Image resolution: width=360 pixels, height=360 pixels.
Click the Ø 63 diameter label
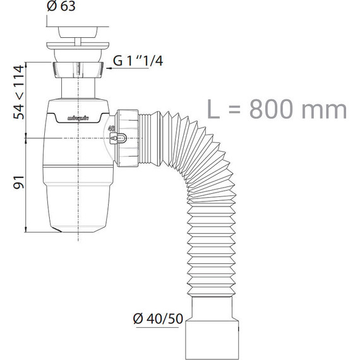tap(61, 6)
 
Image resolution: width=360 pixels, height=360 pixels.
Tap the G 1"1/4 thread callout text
tap(138, 61)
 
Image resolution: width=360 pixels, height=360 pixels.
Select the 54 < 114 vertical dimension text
tap(18, 92)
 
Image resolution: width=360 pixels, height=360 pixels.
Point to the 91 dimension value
tap(18, 183)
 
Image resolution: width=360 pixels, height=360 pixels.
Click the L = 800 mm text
tap(277, 109)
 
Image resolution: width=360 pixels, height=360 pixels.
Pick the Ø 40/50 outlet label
tap(158, 318)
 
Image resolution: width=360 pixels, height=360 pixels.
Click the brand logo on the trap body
tap(78, 119)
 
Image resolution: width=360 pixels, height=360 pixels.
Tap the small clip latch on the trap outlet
tap(118, 138)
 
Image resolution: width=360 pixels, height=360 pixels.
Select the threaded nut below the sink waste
tap(78, 70)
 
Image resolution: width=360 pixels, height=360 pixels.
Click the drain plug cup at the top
tap(78, 32)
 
